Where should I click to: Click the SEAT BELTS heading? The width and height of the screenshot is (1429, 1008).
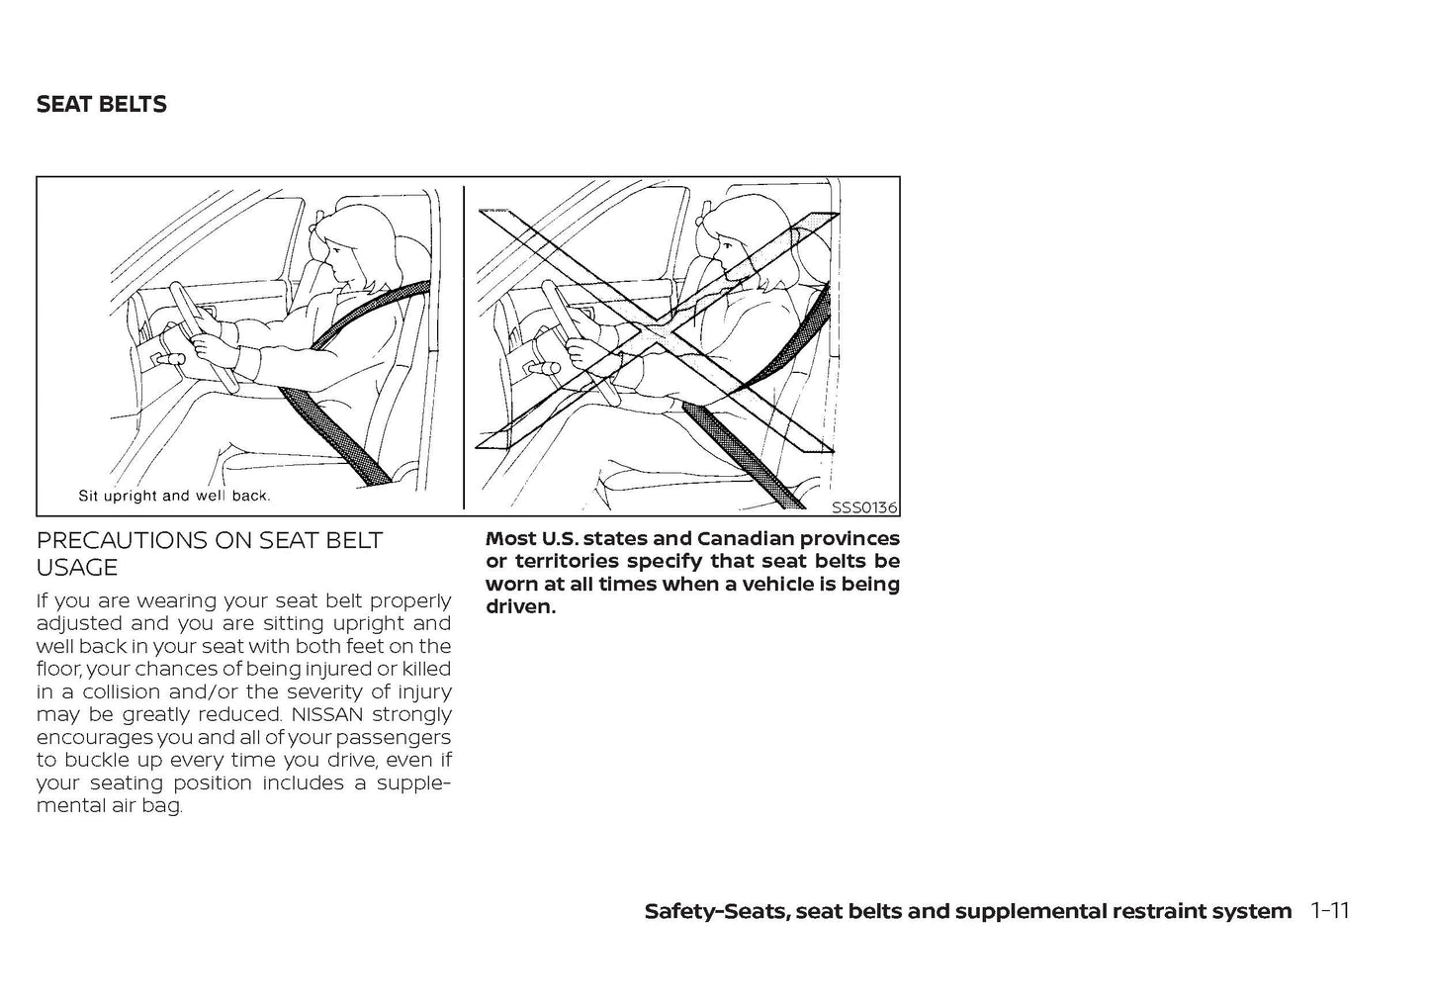[101, 105]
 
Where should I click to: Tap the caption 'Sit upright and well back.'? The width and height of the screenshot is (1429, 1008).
[174, 496]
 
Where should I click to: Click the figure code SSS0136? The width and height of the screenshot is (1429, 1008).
[863, 507]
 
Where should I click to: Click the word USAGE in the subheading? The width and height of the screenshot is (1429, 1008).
[76, 568]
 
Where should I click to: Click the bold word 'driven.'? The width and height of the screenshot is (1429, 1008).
[520, 606]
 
